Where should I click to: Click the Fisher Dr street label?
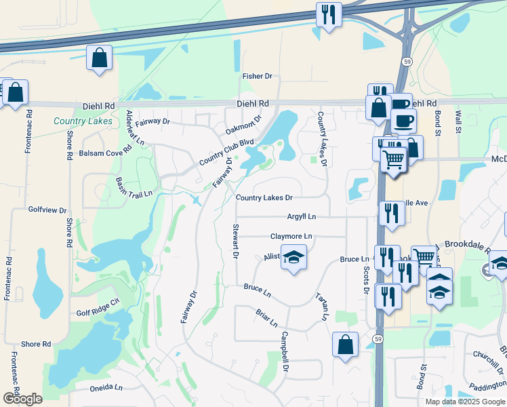pyautogui.click(x=257, y=77)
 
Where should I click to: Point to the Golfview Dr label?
pyautogui.click(x=47, y=211)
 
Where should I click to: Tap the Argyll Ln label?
pyautogui.click(x=302, y=216)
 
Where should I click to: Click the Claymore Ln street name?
pyautogui.click(x=291, y=236)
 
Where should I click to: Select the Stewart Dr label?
pyautogui.click(x=236, y=241)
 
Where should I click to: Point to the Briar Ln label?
pyautogui.click(x=266, y=318)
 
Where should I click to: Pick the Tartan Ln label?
pyautogui.click(x=322, y=307)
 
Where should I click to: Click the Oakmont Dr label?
pyautogui.click(x=243, y=126)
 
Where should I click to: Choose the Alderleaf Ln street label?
pyautogui.click(x=136, y=128)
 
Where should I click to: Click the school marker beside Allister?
pyautogui.click(x=293, y=258)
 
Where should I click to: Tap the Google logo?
pyautogui.click(x=22, y=399)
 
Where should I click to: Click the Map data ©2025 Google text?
pyautogui.click(x=465, y=401)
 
